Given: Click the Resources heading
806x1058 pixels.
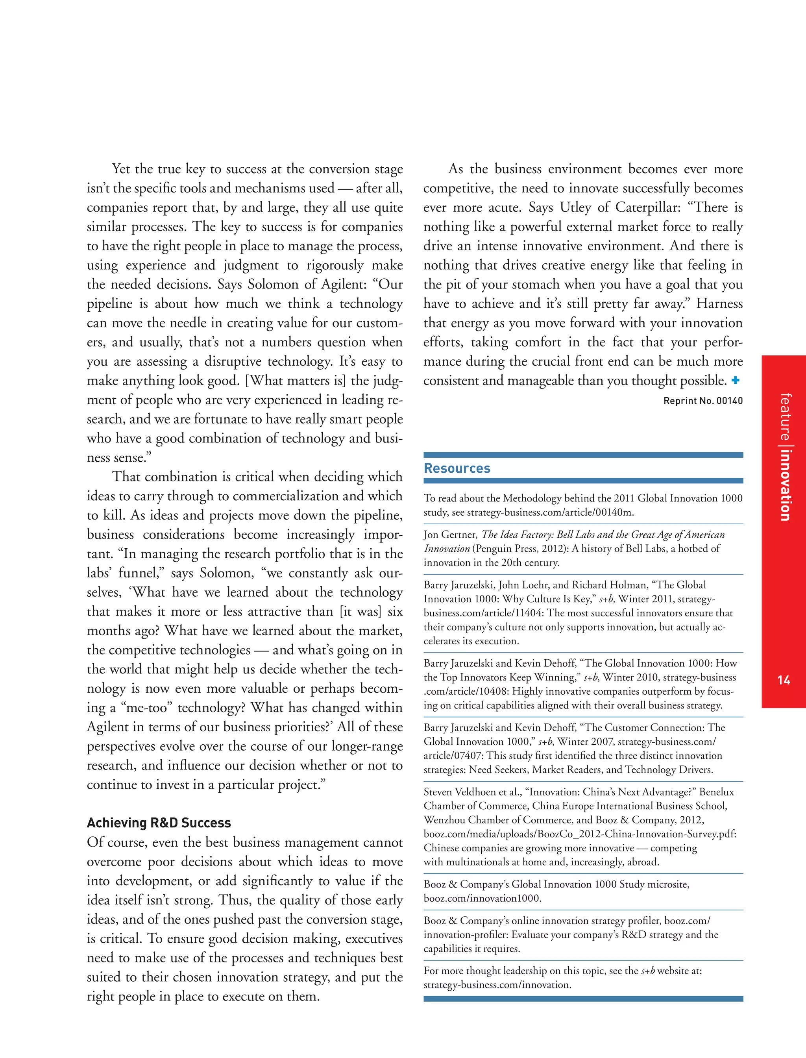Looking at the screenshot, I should [457, 468].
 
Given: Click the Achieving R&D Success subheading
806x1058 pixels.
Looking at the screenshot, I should [159, 823].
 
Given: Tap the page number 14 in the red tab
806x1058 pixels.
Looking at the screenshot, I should [784, 680].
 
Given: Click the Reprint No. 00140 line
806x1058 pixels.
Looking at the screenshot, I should [703, 401].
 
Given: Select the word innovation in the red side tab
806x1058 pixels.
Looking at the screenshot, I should [784, 485].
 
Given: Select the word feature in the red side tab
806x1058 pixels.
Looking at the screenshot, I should [784, 417].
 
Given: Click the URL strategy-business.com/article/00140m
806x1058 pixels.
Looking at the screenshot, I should [550, 512].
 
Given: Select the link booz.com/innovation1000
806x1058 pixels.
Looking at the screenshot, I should [482, 898].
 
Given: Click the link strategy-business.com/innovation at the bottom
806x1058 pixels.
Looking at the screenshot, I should [497, 985].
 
